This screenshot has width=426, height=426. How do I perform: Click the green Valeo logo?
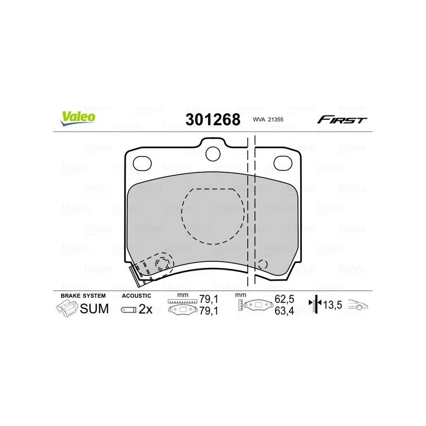(x=78, y=118)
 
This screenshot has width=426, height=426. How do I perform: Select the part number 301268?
(x=212, y=119)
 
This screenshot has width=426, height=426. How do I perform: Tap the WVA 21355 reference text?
(x=268, y=119)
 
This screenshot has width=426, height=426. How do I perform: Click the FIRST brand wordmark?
(x=342, y=119)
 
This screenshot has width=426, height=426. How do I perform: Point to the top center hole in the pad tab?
(x=212, y=154)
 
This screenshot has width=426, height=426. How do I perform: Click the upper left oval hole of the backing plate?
(x=142, y=163)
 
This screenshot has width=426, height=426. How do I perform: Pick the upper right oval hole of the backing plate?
(x=283, y=163)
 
